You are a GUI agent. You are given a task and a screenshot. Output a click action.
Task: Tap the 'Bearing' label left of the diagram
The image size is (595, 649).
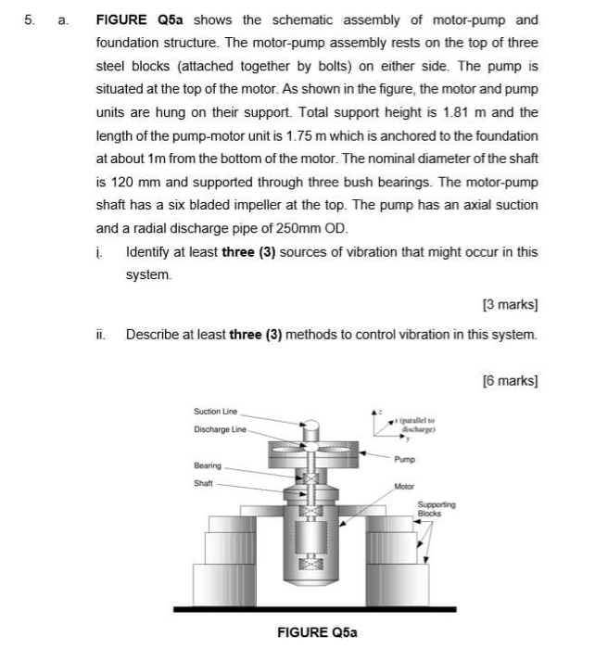click(x=207, y=464)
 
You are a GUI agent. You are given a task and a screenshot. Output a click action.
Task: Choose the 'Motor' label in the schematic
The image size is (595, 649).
click(x=404, y=486)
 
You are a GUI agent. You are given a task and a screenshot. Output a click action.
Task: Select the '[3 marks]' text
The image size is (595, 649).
click(x=511, y=302)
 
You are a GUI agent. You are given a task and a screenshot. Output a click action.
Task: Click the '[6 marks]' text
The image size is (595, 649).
click(x=511, y=379)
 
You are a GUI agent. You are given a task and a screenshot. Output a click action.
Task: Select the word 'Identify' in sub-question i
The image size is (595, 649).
click(x=149, y=252)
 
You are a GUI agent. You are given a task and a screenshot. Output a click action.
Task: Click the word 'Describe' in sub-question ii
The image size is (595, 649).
click(x=153, y=334)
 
